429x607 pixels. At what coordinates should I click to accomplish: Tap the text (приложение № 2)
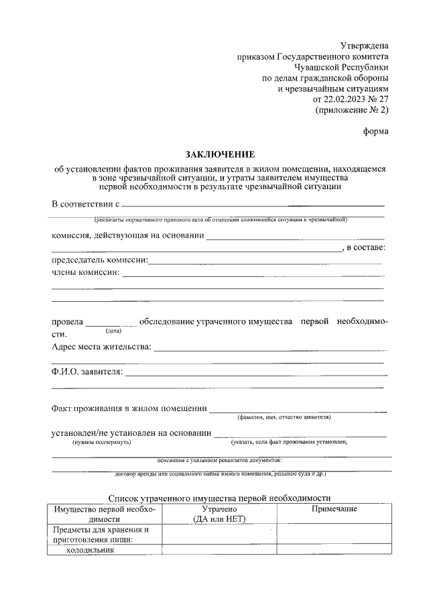coord(352,110)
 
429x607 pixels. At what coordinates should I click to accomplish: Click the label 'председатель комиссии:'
coord(100,260)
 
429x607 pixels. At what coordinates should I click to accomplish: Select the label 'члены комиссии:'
coord(86,272)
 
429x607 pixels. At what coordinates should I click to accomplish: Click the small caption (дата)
coord(113,331)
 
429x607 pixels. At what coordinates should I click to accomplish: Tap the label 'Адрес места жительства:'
coord(102,347)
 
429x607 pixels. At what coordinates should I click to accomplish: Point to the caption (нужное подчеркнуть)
coord(102,443)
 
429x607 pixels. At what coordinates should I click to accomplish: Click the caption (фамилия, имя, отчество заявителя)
coord(284,417)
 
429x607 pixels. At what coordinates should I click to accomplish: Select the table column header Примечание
coord(334,509)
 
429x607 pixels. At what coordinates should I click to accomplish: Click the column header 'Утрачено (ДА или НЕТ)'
coord(219,514)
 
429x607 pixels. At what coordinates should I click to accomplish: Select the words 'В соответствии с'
coord(85,204)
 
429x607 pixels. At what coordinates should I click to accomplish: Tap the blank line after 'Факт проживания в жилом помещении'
coord(298,408)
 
